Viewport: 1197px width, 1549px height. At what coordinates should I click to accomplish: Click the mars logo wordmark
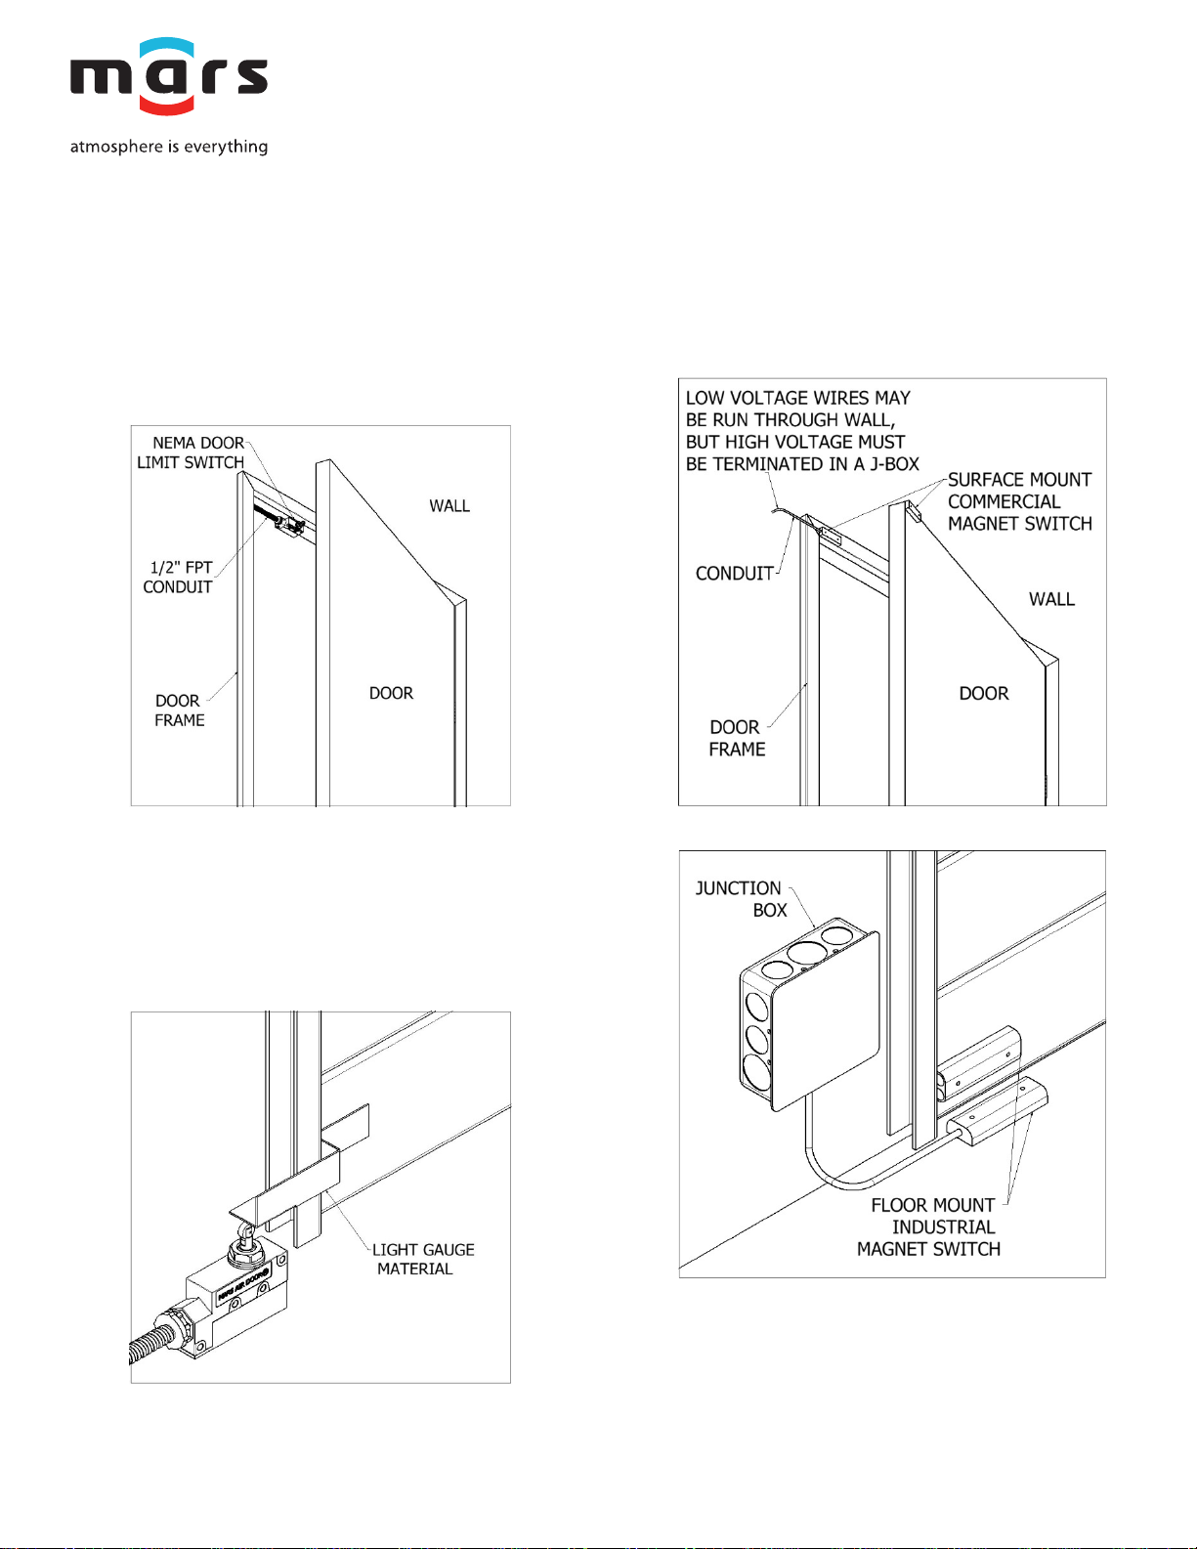(x=168, y=77)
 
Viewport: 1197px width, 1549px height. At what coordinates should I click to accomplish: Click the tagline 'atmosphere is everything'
(x=168, y=147)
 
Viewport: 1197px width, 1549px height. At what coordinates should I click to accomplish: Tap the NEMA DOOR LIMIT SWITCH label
(x=192, y=452)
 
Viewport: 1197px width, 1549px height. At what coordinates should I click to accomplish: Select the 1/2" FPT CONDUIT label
(x=178, y=577)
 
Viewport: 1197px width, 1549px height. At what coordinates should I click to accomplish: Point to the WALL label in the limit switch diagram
(x=449, y=505)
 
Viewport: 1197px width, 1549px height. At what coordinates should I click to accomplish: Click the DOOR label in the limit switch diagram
(x=391, y=693)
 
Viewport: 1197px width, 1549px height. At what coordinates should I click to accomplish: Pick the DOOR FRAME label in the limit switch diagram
(x=179, y=710)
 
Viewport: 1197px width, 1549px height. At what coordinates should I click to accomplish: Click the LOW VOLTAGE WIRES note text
(x=801, y=431)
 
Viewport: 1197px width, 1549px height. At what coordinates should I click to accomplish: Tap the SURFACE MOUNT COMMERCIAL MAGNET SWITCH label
(x=1019, y=501)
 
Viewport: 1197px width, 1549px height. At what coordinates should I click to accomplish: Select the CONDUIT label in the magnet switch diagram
(x=734, y=574)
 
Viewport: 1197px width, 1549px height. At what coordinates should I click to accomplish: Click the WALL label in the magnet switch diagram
(x=1051, y=599)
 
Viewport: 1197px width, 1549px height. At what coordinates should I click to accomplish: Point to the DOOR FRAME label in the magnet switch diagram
(x=737, y=738)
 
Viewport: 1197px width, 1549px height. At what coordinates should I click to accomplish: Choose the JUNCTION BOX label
(x=742, y=899)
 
